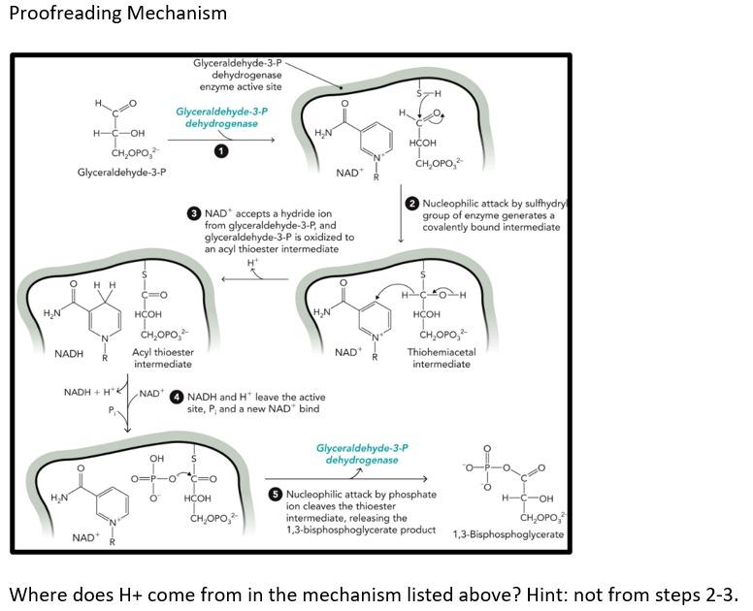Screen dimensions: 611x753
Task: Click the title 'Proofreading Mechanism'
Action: pyautogui.click(x=117, y=14)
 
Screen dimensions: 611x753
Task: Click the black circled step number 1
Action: pyautogui.click(x=222, y=150)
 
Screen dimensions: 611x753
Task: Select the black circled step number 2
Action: pyautogui.click(x=412, y=203)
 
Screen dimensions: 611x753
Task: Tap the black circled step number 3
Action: pyautogui.click(x=194, y=213)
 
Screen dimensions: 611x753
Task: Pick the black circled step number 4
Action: pyautogui.click(x=177, y=397)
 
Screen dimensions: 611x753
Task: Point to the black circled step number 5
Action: pyautogui.click(x=276, y=495)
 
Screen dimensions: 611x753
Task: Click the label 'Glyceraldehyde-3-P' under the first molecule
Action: pyautogui.click(x=121, y=173)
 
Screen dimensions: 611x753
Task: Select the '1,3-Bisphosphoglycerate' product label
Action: pyautogui.click(x=507, y=534)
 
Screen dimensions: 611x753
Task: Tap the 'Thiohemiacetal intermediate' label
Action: pyautogui.click(x=441, y=358)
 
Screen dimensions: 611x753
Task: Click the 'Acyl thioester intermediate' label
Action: pyautogui.click(x=162, y=358)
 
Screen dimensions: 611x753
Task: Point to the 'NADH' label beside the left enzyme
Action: pyautogui.click(x=69, y=354)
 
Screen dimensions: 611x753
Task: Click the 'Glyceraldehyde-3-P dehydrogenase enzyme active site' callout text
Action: pyautogui.click(x=238, y=75)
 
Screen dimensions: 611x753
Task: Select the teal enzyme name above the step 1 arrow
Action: pyautogui.click(x=221, y=117)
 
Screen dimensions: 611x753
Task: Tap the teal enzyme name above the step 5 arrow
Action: pyautogui.click(x=362, y=454)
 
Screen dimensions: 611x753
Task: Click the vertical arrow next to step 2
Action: pyautogui.click(x=401, y=218)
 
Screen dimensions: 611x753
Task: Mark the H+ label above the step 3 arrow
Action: pyautogui.click(x=253, y=263)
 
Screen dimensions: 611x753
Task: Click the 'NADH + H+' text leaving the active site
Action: pyautogui.click(x=89, y=392)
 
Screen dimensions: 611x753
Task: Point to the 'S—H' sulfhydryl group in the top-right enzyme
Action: pyautogui.click(x=428, y=94)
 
